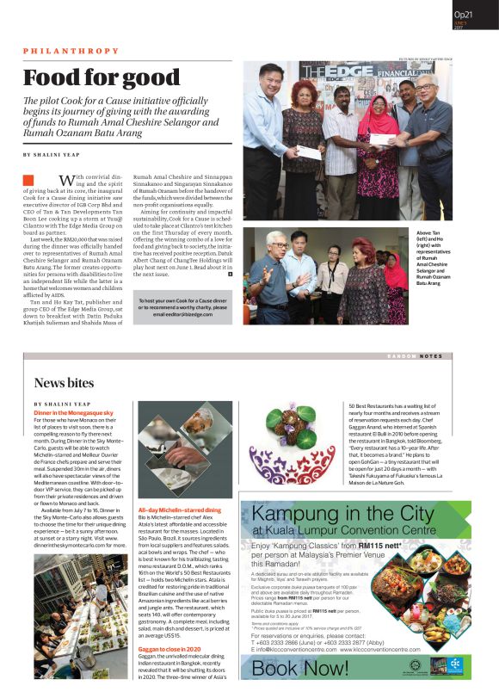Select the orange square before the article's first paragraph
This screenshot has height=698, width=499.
[x=28, y=182]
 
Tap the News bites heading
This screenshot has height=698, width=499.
[x=65, y=383]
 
